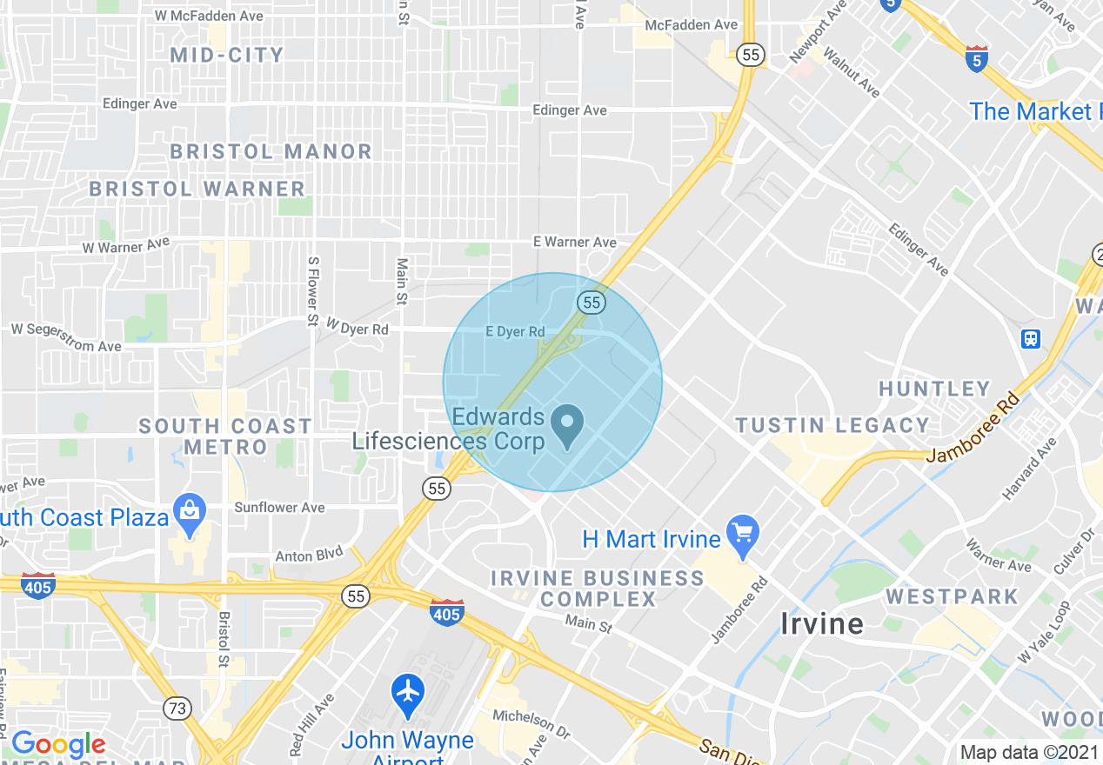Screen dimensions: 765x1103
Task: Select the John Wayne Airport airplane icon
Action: (408, 694)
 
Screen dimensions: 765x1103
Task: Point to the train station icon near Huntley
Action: (1031, 338)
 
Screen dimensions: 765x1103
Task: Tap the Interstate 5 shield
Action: (977, 58)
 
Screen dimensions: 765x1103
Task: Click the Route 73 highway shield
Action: (177, 708)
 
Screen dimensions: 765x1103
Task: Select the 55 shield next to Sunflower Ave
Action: (438, 489)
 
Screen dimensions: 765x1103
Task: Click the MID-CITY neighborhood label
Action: (227, 56)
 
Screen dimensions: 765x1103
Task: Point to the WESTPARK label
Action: (952, 597)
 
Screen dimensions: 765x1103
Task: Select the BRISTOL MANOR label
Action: (271, 151)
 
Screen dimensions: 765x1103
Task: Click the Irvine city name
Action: (822, 623)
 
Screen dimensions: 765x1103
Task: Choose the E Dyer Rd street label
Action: (515, 331)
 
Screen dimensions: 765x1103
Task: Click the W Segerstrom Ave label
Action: (66, 337)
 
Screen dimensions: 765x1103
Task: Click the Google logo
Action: (57, 744)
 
